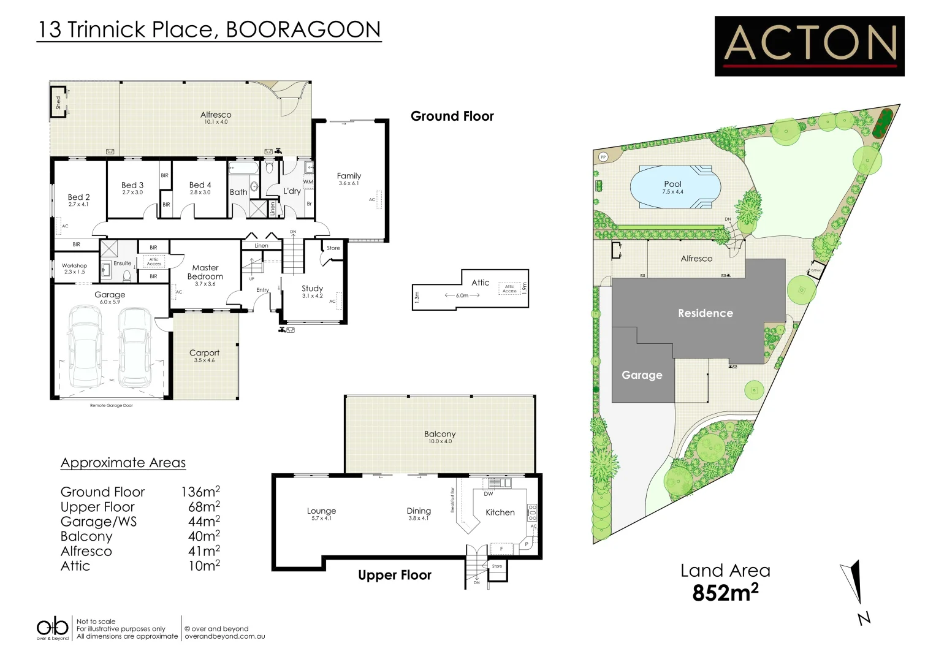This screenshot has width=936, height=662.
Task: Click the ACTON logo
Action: (x=809, y=46)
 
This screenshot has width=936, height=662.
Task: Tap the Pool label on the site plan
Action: (x=672, y=184)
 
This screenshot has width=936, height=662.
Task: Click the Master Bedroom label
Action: (x=205, y=272)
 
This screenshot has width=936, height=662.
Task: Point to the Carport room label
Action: (x=204, y=353)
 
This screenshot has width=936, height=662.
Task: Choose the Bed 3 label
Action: (x=132, y=185)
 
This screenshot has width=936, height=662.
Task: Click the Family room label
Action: (x=349, y=176)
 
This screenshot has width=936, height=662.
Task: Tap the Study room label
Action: (x=312, y=289)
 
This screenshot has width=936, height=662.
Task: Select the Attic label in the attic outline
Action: (x=481, y=283)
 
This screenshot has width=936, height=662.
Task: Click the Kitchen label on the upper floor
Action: (x=500, y=512)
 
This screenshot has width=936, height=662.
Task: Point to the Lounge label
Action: (x=321, y=511)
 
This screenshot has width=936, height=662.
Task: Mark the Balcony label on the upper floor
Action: (x=439, y=434)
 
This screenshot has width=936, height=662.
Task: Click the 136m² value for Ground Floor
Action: (x=200, y=492)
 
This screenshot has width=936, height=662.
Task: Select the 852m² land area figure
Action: (x=725, y=593)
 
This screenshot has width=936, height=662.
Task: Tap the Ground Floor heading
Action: (x=452, y=116)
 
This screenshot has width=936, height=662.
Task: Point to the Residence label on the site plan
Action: (x=705, y=313)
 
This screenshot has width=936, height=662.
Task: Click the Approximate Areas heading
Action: (x=123, y=463)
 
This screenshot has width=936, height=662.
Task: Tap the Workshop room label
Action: (x=74, y=266)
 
